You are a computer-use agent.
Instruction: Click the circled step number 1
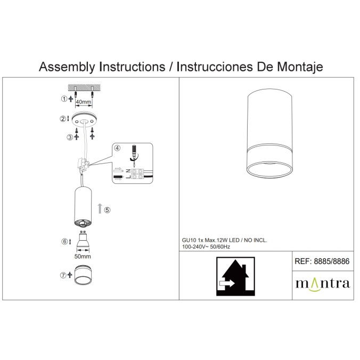click(x=64, y=99)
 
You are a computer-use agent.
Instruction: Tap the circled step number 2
click(x=63, y=119)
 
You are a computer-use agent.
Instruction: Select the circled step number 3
click(x=70, y=137)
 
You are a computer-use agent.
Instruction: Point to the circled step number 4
click(x=117, y=148)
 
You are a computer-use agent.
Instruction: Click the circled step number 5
click(x=107, y=210)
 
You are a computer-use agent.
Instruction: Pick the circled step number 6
click(x=64, y=242)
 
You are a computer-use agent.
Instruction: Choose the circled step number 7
click(x=63, y=275)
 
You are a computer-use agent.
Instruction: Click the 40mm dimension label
click(x=84, y=102)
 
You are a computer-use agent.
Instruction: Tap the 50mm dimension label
click(x=83, y=257)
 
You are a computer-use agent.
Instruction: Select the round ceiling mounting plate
click(x=84, y=119)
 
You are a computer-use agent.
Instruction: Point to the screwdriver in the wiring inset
click(x=133, y=153)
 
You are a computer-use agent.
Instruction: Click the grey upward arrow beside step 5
click(x=100, y=208)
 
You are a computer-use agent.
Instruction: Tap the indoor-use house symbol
click(x=235, y=276)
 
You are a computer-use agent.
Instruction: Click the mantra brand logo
click(x=323, y=284)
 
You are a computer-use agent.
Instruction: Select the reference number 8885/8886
click(x=332, y=261)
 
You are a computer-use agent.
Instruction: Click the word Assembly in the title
click(x=67, y=67)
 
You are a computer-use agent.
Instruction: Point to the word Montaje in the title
click(x=300, y=67)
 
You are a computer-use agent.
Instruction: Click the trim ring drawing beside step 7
click(x=83, y=275)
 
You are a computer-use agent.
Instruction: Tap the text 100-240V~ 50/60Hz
click(x=206, y=247)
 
